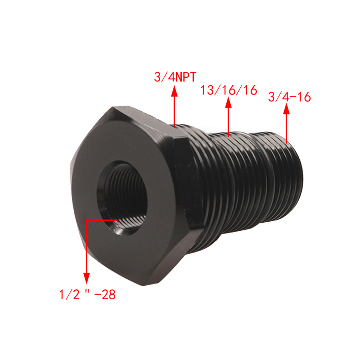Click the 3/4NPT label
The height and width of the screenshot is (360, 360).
pos(175,77)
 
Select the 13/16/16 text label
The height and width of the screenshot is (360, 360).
pos(229,90)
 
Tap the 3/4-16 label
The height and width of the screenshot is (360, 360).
pos(290,97)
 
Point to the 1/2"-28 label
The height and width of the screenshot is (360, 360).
pos(87,294)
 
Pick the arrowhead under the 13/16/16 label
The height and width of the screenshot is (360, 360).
pos(229,102)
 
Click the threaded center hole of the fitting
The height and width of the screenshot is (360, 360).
pos(122,198)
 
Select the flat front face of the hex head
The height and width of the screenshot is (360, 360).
pos(124,195)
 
